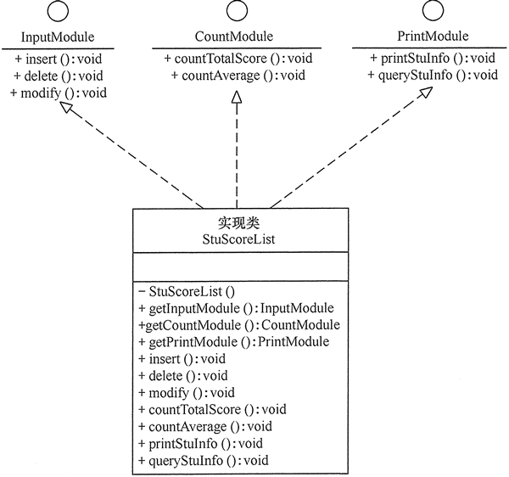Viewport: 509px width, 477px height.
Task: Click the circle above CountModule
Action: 234,12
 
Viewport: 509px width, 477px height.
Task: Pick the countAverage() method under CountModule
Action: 238,76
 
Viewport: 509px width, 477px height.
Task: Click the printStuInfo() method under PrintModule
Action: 433,59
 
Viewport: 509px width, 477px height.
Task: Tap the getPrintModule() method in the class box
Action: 233,341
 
